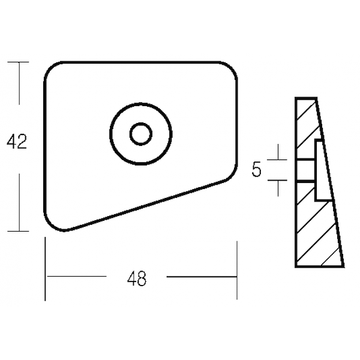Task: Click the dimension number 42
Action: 17,141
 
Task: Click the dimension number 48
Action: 137,278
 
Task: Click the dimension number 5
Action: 257,169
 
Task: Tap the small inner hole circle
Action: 141,134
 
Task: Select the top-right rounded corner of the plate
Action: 232,67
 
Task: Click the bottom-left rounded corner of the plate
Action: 49,224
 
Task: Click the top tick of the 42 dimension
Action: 19,62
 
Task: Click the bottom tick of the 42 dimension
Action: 19,231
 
